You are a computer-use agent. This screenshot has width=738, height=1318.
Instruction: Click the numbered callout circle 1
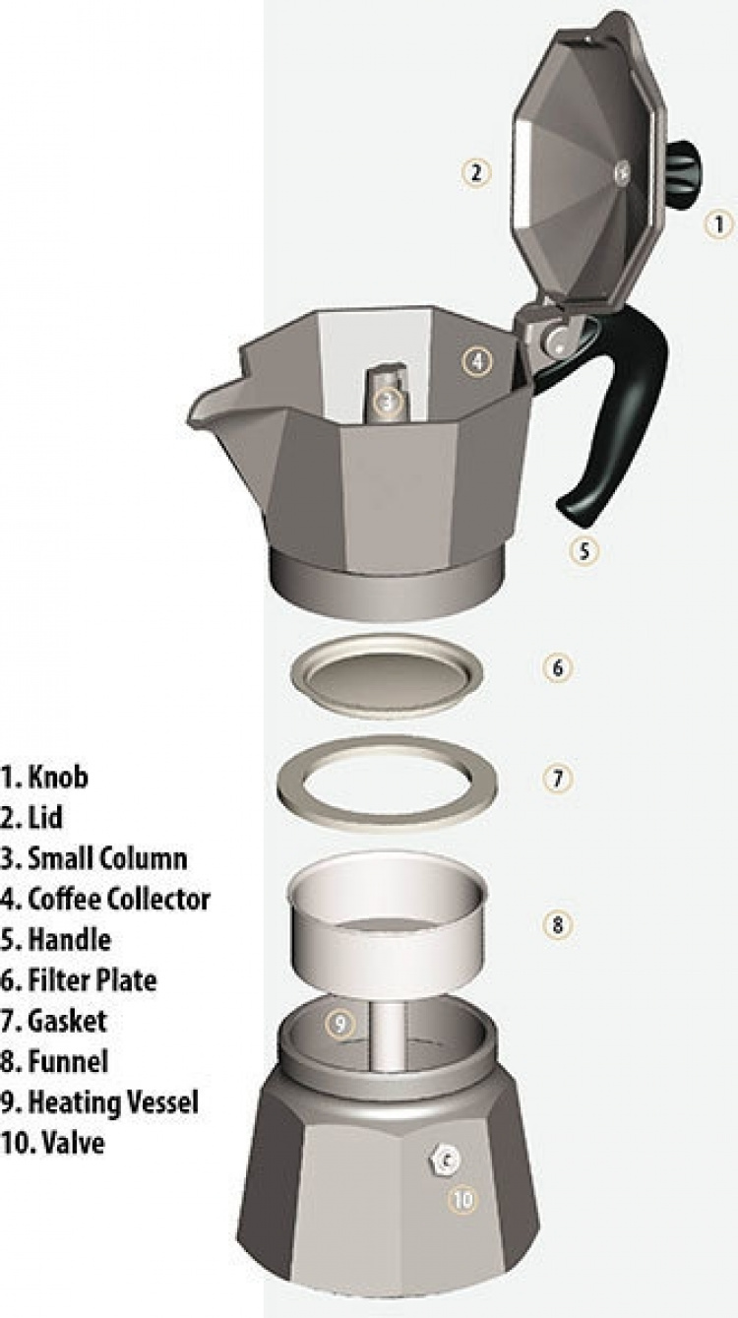click(x=719, y=223)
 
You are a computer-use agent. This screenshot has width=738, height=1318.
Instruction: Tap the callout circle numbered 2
click(x=476, y=173)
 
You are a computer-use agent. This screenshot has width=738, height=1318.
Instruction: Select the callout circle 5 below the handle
click(x=584, y=550)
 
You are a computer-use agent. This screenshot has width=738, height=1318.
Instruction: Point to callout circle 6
click(x=557, y=667)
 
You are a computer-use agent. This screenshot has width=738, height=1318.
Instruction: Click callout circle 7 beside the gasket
click(x=557, y=778)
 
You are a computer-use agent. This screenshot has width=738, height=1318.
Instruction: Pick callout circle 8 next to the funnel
click(x=557, y=924)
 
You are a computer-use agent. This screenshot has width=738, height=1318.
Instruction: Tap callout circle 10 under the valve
click(x=462, y=1199)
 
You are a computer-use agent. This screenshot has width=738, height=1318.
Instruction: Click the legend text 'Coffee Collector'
click(x=118, y=899)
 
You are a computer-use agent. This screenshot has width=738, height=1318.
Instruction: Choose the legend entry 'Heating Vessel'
click(x=112, y=1102)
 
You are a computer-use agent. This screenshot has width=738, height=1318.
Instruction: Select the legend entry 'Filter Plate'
click(x=92, y=980)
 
